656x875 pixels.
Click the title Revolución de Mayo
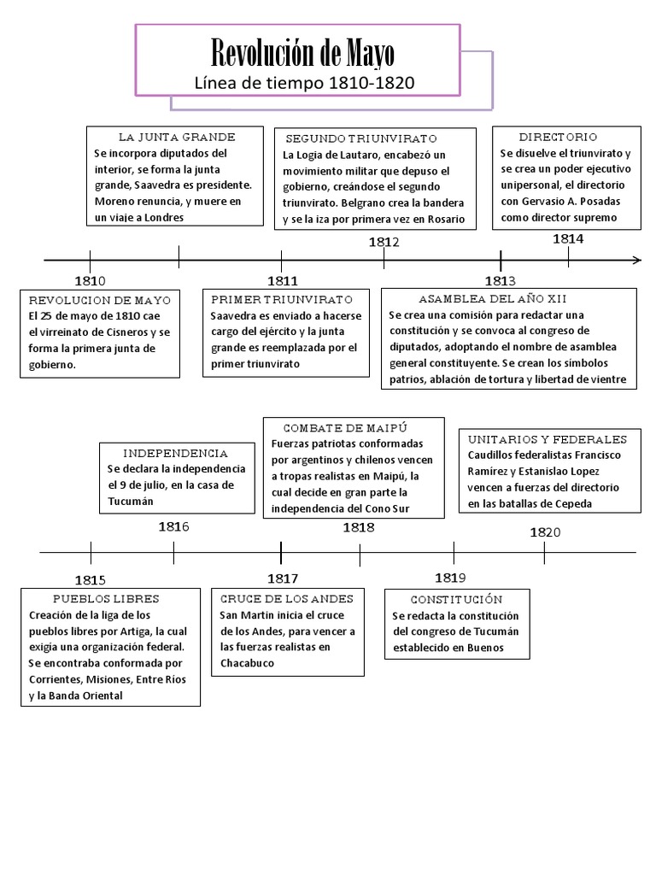[303, 56]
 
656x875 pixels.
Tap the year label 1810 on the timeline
[90, 280]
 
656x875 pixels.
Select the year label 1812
[384, 242]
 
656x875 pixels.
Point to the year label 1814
[568, 238]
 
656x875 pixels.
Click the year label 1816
[173, 526]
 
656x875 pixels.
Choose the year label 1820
[545, 531]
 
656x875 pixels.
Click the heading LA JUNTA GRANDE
[177, 137]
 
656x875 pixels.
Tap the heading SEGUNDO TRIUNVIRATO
[361, 138]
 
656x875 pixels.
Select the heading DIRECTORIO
[558, 137]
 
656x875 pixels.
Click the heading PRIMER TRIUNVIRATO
[281, 300]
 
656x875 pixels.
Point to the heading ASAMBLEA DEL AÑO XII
[493, 299]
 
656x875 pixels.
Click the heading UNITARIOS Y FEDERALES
[548, 439]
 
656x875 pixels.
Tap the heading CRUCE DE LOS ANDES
[287, 598]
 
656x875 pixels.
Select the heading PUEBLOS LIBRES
[106, 598]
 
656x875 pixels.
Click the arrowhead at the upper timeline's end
[636, 260]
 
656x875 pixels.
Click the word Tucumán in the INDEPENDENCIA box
[131, 501]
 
